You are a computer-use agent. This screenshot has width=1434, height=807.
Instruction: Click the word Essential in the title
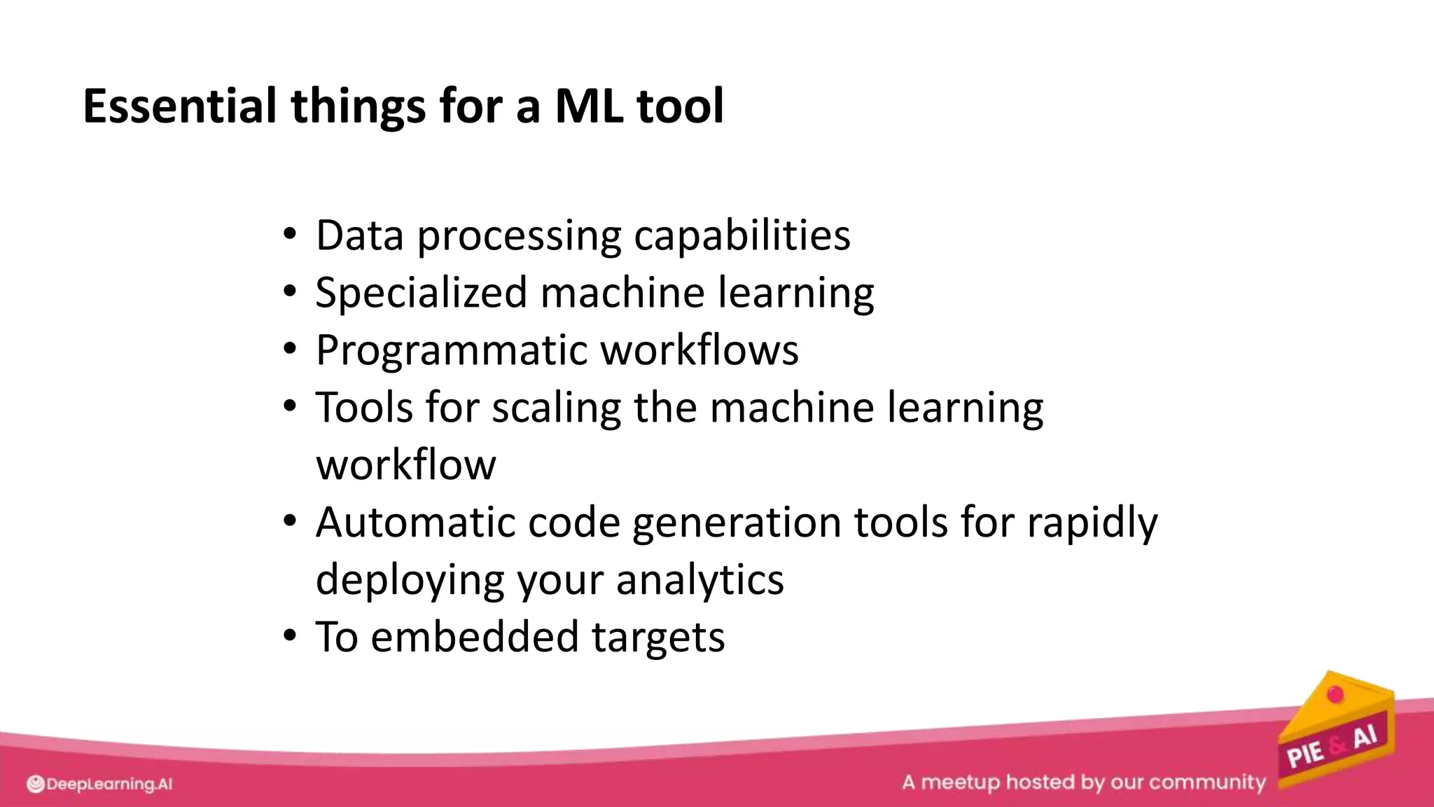pyautogui.click(x=179, y=106)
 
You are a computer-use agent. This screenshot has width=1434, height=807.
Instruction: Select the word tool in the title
pyautogui.click(x=680, y=106)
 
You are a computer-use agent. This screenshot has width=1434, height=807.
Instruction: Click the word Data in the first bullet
pyautogui.click(x=359, y=235)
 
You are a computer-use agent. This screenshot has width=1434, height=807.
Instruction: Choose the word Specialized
pyautogui.click(x=421, y=293)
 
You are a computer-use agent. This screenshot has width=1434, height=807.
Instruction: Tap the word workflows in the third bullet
pyautogui.click(x=699, y=350)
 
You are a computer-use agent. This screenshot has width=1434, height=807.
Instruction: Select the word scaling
pyautogui.click(x=556, y=408)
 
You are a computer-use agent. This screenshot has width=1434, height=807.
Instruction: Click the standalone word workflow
pyautogui.click(x=406, y=465)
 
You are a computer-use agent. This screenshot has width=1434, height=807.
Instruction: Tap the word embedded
pyautogui.click(x=474, y=637)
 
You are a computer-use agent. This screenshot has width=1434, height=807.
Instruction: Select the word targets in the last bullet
pyautogui.click(x=658, y=638)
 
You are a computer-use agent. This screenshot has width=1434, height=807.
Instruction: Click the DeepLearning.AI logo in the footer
pyautogui.click(x=99, y=784)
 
